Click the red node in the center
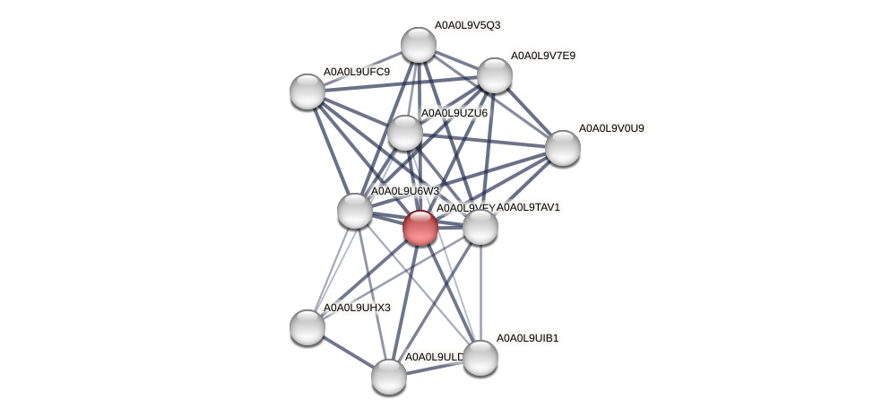420,227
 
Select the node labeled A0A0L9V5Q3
418,45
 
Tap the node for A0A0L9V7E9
494,75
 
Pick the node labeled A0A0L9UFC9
307,91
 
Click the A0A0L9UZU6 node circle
404,133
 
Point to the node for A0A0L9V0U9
562,148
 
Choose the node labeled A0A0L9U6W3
355,211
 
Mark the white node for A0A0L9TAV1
480,227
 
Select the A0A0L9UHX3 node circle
307,327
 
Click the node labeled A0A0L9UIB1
480,358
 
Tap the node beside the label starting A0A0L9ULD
389,376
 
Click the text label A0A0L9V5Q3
467,25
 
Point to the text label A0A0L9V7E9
543,56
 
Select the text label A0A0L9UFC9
357,72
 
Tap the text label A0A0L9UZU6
454,113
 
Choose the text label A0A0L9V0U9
611,128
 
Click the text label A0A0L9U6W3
405,191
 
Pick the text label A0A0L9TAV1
528,207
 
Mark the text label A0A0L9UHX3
357,308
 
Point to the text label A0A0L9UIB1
528,338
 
